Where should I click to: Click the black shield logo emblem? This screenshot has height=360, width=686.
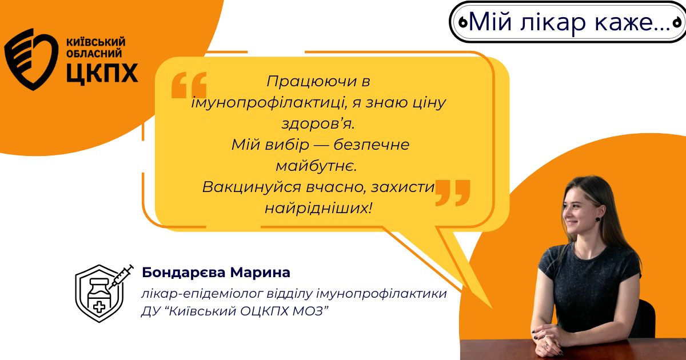click(31, 59)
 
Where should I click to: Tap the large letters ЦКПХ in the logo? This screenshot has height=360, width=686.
click(102, 73)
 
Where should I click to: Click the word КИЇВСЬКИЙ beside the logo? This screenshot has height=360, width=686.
click(96, 42)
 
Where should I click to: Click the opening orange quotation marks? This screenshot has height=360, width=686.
click(189, 85)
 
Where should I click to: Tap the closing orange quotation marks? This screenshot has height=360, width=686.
click(453, 193)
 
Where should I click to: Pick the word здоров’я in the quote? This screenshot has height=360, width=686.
click(318, 125)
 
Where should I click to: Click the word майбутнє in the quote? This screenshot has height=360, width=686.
click(316, 166)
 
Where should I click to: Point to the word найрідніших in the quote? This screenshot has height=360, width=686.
click(318, 209)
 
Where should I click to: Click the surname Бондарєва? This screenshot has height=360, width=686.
click(183, 273)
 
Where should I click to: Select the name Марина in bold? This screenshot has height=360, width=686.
click(260, 273)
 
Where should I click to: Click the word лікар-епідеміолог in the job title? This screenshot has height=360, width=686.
click(202, 294)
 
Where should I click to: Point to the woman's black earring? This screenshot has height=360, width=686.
click(597, 219)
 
